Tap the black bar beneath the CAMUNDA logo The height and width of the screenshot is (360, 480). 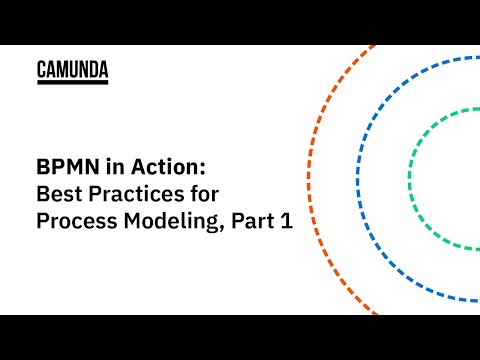point(72,83)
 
